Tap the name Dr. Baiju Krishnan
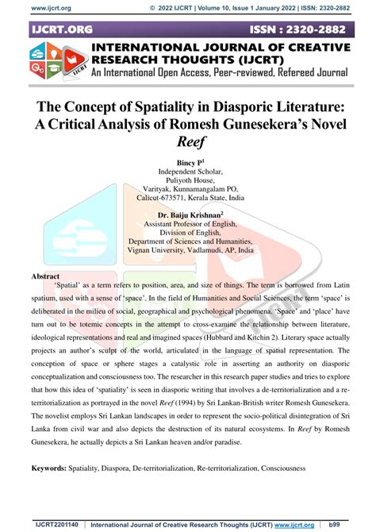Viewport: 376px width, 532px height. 187,214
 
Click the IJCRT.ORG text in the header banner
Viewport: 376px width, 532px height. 62,29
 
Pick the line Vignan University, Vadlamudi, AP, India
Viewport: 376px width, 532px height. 187,249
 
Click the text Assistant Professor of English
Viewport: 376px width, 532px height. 187,224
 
